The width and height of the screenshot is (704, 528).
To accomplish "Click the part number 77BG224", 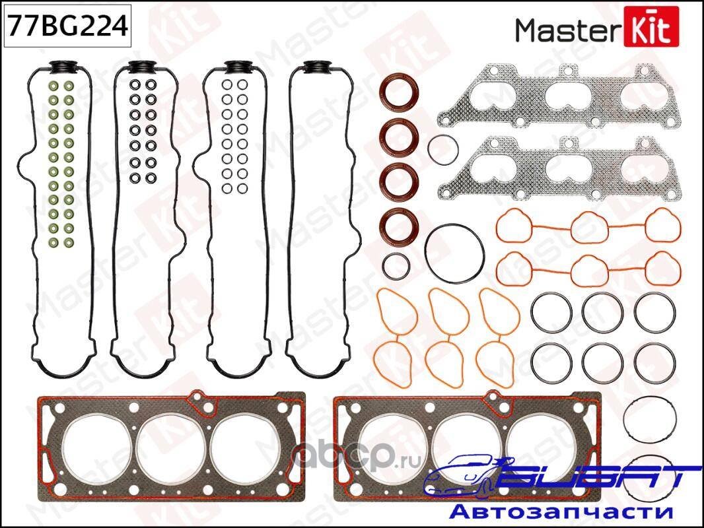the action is tap(68, 26).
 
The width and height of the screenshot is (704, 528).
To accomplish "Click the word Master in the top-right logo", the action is tap(567, 30).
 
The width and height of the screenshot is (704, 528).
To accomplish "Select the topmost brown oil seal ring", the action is tap(399, 93).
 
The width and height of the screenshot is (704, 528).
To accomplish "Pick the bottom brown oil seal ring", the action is tap(399, 225).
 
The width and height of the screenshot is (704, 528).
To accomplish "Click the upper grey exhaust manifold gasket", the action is tap(559, 96).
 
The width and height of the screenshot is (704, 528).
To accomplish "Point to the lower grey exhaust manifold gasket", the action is tap(559, 169).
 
